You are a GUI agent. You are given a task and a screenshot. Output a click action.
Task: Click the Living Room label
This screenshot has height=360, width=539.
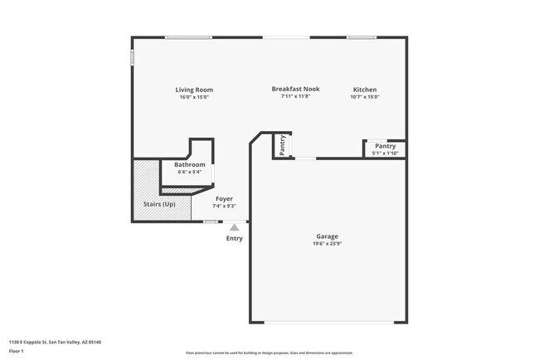pos(194,90)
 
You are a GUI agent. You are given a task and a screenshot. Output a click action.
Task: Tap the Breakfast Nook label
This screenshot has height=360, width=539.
pos(295,89)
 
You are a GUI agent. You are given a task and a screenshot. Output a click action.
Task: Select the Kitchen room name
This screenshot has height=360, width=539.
pos(365,90)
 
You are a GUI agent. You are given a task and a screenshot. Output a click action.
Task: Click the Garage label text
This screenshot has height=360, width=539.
pos(327,236)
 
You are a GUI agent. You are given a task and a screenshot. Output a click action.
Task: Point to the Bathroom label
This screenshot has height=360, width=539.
pos(189,165)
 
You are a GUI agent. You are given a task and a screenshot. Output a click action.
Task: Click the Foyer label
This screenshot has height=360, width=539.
pos(224,199)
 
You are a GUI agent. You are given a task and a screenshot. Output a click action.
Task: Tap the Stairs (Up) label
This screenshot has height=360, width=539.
pos(158,204)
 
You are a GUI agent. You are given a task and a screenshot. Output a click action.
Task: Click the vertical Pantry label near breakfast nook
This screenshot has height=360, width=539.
pos(283,145)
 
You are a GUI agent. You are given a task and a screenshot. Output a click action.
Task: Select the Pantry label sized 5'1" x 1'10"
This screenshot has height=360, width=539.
pos(385,146)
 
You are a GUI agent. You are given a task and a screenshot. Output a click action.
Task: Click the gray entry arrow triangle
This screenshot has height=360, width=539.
pos(235,226)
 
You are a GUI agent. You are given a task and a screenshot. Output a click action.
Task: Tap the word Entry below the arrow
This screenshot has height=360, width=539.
pos(235,239)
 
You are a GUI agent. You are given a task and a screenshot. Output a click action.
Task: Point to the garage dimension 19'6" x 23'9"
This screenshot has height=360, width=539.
pos(327,244)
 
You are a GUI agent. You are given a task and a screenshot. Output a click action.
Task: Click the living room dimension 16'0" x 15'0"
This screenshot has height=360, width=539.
pos(194,97)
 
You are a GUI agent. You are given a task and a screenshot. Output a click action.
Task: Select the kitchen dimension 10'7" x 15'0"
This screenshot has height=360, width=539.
pos(365,97)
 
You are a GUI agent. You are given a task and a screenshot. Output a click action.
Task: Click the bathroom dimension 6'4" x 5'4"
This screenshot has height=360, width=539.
pos(189,173)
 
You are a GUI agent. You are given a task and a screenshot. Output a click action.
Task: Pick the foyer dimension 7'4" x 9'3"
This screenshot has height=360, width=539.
pos(224,207)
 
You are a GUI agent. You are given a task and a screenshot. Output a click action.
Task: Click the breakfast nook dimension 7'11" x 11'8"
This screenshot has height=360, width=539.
pos(295,96)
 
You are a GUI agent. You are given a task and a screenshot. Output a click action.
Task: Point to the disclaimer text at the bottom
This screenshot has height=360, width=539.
pos(269,353)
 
